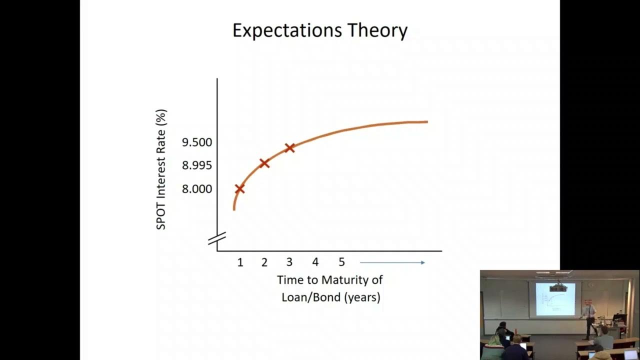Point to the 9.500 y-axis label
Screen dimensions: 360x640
[x=197, y=142]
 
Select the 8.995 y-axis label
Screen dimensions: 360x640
[x=197, y=165]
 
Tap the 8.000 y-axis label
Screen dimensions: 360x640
[x=197, y=189]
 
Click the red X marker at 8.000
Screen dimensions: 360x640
[x=239, y=188]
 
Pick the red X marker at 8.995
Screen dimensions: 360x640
[x=264, y=163]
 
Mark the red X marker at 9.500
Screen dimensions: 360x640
[x=289, y=147]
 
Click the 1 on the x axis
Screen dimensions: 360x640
[x=240, y=262]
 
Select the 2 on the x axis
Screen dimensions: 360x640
[x=264, y=262]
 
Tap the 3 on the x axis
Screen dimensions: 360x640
[x=289, y=262]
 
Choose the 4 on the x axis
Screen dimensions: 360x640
[x=315, y=262]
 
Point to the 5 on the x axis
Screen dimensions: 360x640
[x=341, y=262]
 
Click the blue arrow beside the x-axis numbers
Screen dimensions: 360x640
[x=392, y=262]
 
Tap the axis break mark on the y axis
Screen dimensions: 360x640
[x=217, y=239]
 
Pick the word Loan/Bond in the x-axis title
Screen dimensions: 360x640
[x=310, y=297]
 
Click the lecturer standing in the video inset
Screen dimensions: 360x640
[x=589, y=317]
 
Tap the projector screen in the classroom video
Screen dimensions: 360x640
[x=555, y=299]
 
